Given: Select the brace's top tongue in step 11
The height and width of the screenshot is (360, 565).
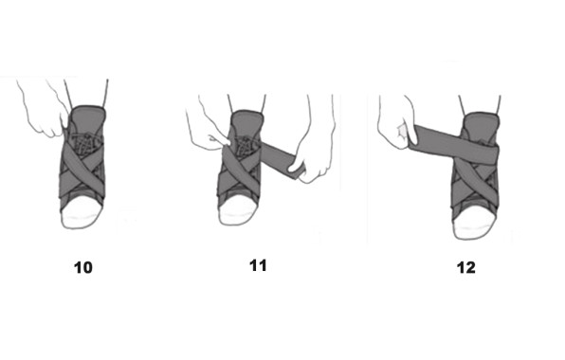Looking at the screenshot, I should [x=249, y=120].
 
